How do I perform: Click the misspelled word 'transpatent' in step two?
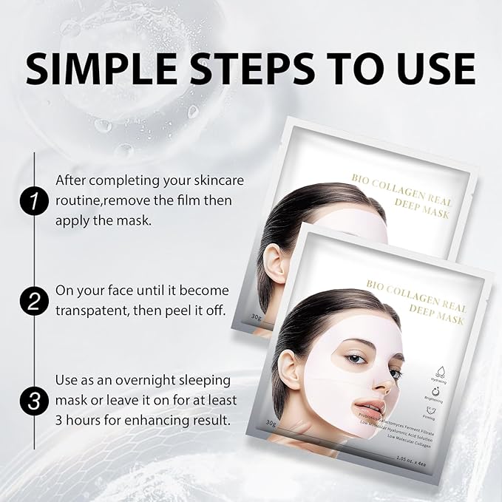coord(93,308)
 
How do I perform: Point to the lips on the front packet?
coord(370,407)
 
